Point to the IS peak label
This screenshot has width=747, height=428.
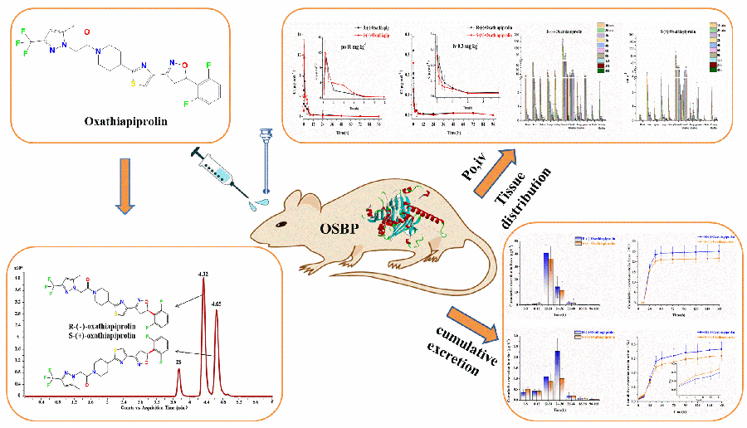point(177,362)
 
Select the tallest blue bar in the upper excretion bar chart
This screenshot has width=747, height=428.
point(545,275)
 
